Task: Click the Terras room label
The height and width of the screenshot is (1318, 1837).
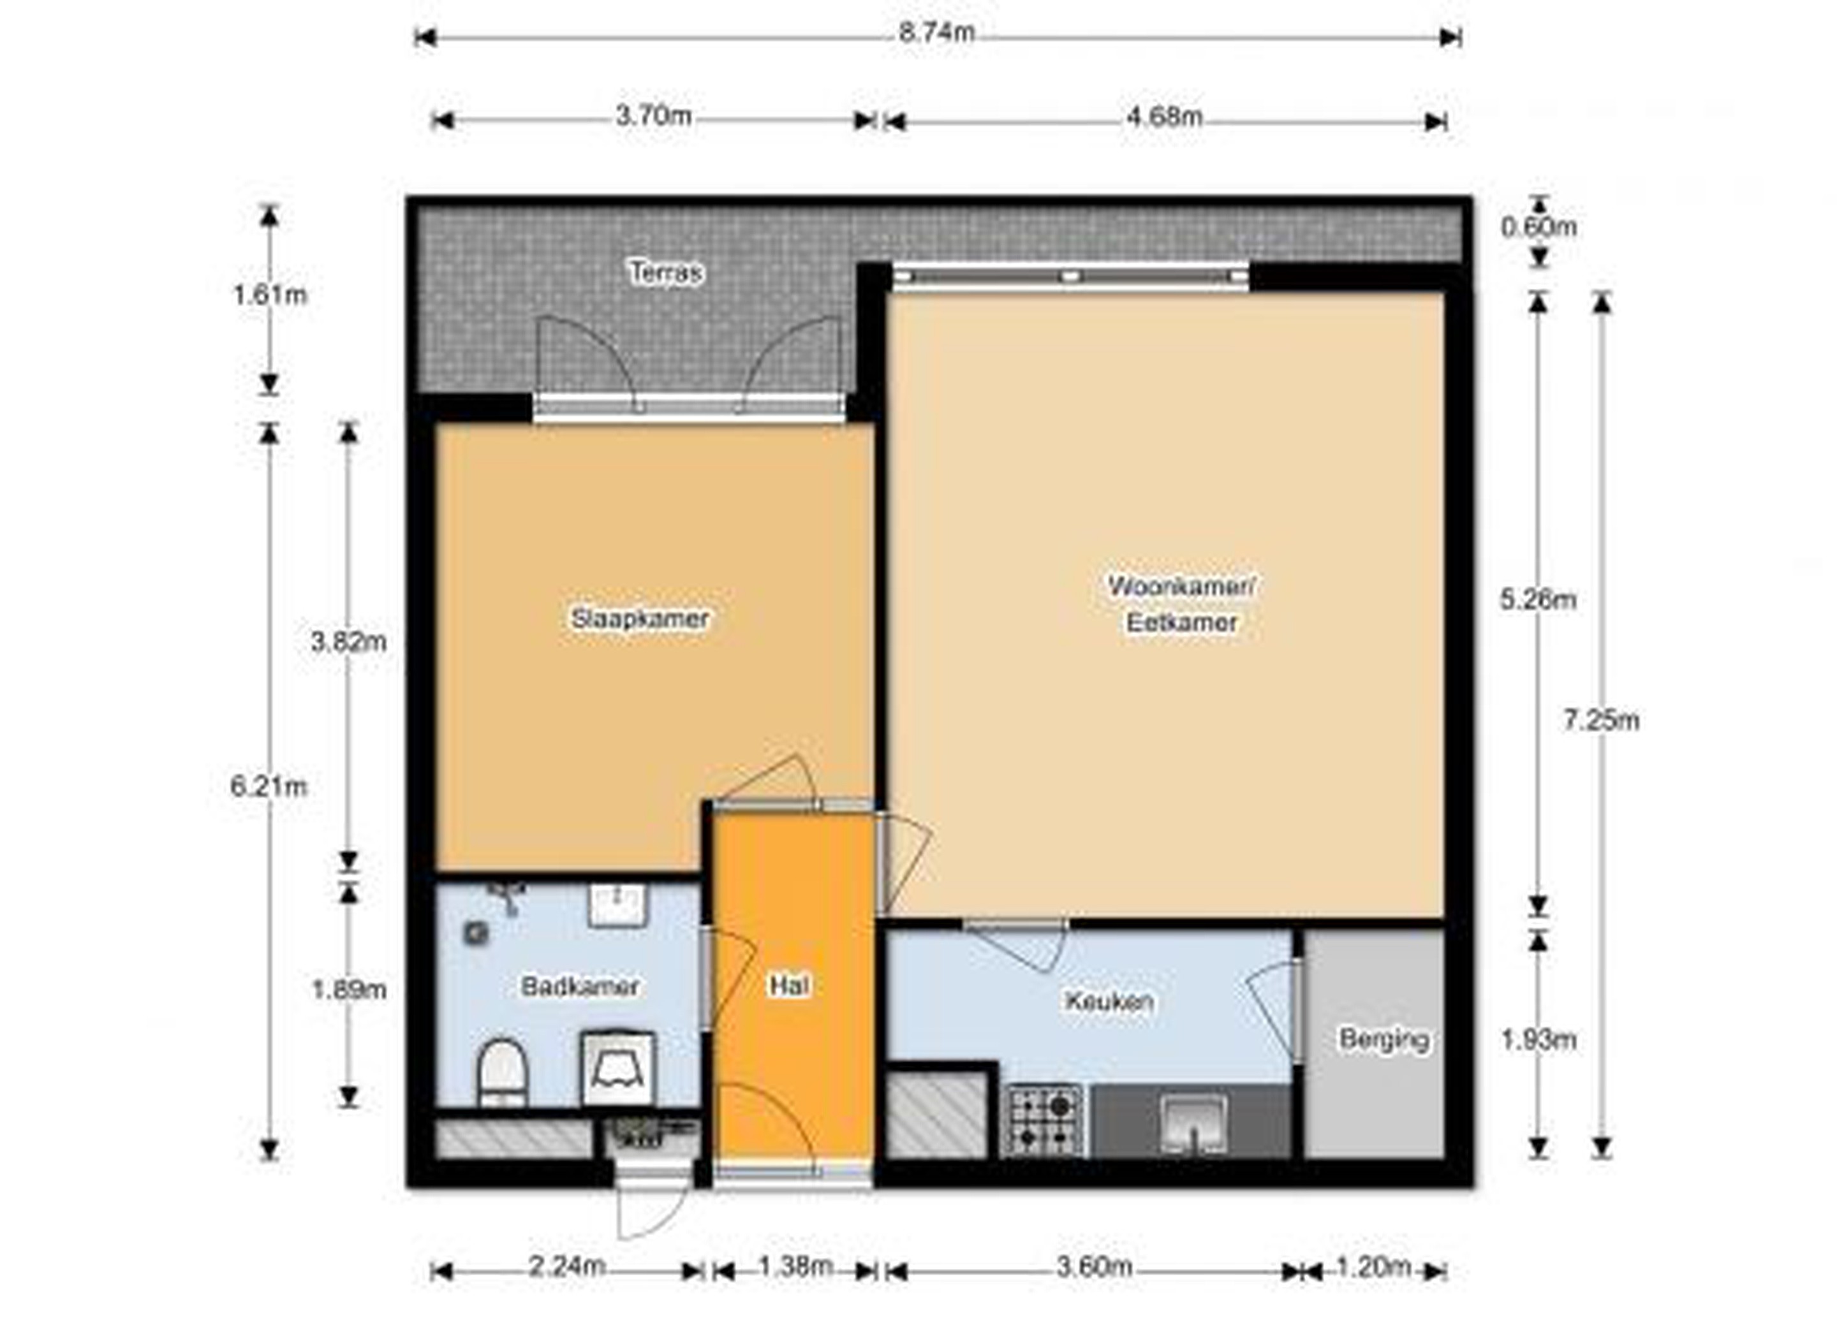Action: [666, 272]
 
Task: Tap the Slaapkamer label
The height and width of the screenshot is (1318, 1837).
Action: [640, 619]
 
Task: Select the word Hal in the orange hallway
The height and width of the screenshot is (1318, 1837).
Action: [789, 985]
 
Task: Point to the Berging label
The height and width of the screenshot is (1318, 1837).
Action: [1383, 1039]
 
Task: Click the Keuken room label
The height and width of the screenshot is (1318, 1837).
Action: [1109, 1002]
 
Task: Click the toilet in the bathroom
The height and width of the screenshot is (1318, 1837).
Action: [502, 1073]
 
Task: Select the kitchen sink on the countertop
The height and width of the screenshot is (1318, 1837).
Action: [1192, 1124]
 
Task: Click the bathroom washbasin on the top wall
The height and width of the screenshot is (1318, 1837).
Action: [617, 905]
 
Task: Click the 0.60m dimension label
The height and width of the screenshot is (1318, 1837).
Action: [1538, 228]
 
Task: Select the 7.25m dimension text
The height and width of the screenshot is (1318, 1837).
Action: [1600, 720]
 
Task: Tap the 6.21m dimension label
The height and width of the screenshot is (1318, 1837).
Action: [269, 786]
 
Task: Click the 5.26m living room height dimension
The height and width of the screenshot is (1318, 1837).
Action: [1538, 600]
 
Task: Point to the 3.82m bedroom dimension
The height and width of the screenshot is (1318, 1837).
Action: [348, 643]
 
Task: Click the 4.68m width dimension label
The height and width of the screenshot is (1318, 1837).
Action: [1164, 117]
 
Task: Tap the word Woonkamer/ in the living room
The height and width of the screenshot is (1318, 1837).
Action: [1182, 586]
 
